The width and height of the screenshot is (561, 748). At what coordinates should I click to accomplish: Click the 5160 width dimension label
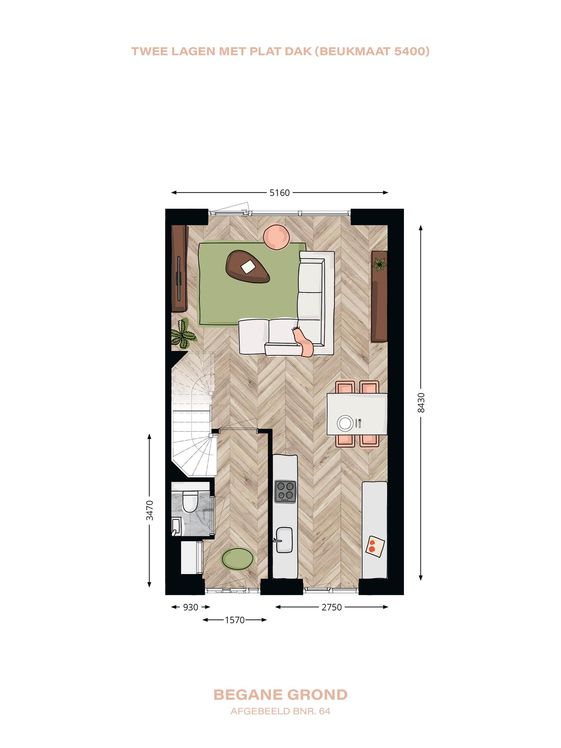[x=279, y=192]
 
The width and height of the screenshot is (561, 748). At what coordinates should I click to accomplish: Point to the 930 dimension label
[x=190, y=607]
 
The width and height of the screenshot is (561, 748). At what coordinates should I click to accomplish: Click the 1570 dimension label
[x=234, y=620]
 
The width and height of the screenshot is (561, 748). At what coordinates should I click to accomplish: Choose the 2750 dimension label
[x=331, y=607]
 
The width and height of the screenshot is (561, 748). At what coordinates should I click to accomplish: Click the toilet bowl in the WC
[x=190, y=501]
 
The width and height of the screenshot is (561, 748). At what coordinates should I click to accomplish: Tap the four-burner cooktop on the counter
[x=286, y=491]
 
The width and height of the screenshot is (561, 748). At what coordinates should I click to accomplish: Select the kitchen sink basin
[x=285, y=540]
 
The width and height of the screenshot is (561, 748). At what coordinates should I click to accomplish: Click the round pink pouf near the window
[x=277, y=237]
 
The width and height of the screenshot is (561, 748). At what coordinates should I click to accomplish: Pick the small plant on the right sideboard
[x=380, y=263]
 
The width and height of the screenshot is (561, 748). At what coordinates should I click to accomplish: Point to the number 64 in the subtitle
[x=324, y=711]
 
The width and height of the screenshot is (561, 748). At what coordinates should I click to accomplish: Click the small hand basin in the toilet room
[x=176, y=527]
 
